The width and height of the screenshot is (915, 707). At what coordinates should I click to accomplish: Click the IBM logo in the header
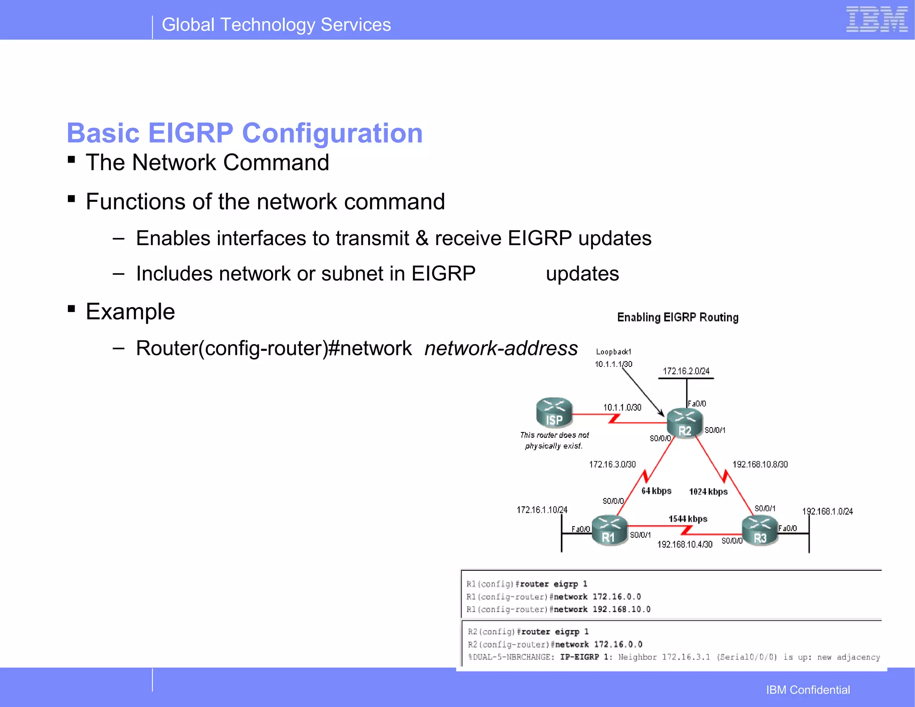click(x=876, y=20)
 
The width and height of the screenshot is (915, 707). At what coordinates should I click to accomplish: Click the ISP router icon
click(x=554, y=412)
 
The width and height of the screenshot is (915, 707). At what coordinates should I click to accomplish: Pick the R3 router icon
click(x=760, y=531)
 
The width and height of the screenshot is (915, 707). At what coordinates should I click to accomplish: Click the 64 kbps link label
click(x=656, y=491)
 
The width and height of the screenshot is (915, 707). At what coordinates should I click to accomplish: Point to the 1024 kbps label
click(x=708, y=491)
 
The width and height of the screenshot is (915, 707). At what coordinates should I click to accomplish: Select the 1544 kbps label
click(x=688, y=519)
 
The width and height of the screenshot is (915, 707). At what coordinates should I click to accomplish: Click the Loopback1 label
click(x=613, y=352)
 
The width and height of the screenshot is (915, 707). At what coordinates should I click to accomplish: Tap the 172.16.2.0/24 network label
click(x=686, y=371)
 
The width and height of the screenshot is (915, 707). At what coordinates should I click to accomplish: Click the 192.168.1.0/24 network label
click(x=827, y=511)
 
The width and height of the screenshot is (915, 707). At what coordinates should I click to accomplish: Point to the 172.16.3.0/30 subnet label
click(x=612, y=464)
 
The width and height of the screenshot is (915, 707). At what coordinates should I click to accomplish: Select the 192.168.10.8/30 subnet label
click(x=760, y=464)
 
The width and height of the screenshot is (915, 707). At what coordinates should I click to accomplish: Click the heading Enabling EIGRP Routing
click(x=677, y=317)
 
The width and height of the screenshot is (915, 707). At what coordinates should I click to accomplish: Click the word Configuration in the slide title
click(x=332, y=133)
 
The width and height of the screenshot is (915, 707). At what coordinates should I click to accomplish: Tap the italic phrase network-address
click(x=501, y=348)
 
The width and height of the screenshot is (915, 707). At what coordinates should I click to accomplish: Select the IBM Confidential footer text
click(x=808, y=690)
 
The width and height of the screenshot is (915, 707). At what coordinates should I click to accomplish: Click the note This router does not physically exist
click(x=554, y=440)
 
